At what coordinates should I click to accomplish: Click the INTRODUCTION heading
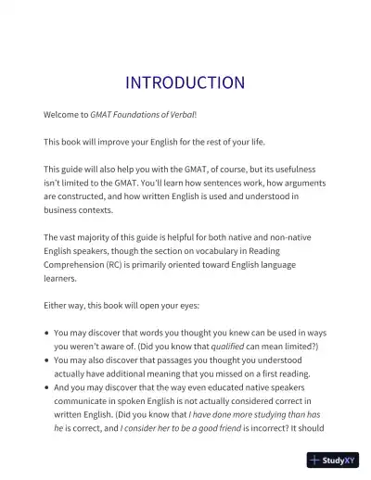coord(185,82)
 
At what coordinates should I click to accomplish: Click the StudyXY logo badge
coord(332,460)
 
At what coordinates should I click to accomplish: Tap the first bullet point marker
coord(46,332)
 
